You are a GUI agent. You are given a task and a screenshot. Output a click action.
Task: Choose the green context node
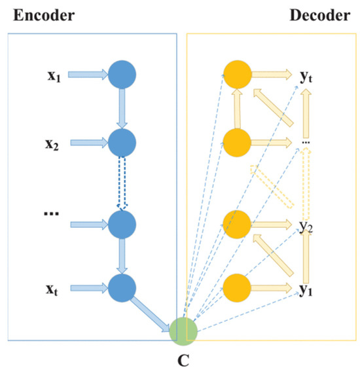coord(183,329)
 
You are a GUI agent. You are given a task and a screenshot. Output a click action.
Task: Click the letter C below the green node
coord(184,360)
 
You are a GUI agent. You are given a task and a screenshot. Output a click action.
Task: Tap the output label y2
coord(305,227)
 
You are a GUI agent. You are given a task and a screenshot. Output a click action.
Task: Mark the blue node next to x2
coord(122,141)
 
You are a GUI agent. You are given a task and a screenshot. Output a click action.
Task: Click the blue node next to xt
coord(122,287)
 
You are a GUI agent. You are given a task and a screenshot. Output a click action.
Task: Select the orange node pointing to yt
coord(237,73)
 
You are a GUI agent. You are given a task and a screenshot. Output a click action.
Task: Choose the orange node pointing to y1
coord(237,287)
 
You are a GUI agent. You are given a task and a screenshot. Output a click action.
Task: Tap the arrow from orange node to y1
coord(272,287)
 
